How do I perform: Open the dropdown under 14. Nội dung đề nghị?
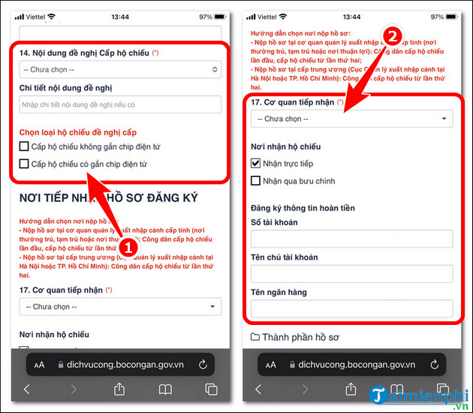click(x=120, y=69)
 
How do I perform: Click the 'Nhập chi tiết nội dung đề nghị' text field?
click(x=120, y=104)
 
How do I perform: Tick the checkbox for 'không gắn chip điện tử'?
click(x=25, y=146)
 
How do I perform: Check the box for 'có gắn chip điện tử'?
click(x=25, y=163)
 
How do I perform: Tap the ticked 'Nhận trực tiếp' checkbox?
click(x=255, y=163)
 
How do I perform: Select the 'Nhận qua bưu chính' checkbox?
click(x=255, y=181)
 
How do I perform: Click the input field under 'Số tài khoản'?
click(x=351, y=239)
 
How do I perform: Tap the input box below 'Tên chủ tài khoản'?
click(x=351, y=274)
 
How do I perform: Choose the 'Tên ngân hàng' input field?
click(x=351, y=308)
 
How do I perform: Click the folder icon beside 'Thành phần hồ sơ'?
click(x=255, y=336)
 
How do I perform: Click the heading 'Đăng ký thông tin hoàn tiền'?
click(x=303, y=208)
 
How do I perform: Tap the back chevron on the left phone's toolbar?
click(x=27, y=389)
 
